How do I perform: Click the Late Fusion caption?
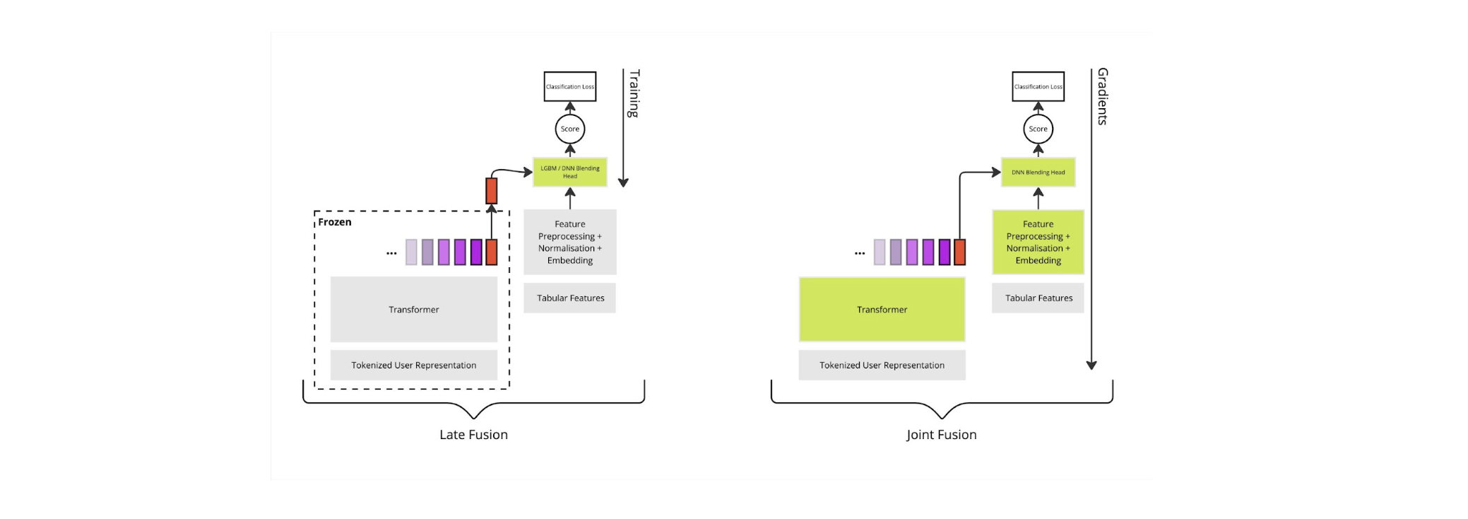[473, 435]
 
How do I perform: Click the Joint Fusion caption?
[941, 435]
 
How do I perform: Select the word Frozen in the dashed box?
[334, 222]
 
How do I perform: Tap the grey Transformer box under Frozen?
[413, 310]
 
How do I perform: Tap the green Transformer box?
[882, 310]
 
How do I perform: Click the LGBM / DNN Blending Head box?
[569, 172]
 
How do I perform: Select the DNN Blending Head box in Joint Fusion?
[1038, 172]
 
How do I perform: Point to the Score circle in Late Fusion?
[569, 129]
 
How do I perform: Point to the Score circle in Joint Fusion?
[1038, 129]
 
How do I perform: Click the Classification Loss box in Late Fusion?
[569, 86]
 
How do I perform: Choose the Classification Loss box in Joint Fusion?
[1038, 86]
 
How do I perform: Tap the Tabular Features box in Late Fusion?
[569, 298]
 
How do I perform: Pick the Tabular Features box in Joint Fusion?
[1038, 298]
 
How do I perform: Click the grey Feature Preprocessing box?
[569, 242]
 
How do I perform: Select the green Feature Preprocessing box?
[1038, 242]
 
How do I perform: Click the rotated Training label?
[634, 93]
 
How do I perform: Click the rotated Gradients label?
[1102, 96]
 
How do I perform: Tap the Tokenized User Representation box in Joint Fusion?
[882, 365]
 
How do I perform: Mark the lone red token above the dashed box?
[491, 191]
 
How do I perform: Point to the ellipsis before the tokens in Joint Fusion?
[859, 252]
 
